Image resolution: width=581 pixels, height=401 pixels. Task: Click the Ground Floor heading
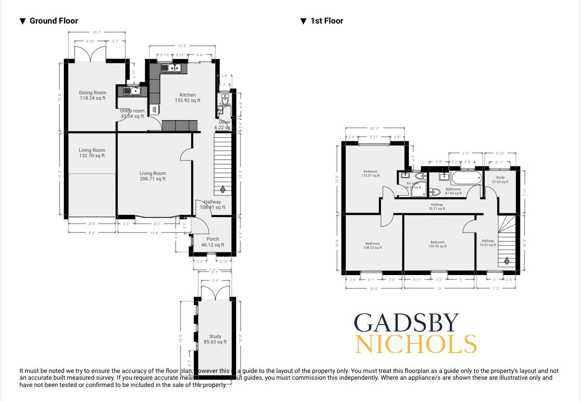[53, 21]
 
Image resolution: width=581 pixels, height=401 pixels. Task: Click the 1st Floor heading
[326, 21]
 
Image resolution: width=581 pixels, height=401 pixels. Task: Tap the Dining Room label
[93, 93]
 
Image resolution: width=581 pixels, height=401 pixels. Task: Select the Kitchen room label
[187, 95]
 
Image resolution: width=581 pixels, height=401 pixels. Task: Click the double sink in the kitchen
[171, 68]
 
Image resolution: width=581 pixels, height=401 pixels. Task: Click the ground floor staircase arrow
[223, 189]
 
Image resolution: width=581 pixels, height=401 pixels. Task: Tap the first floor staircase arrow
[507, 261]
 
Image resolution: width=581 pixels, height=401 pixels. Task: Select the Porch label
[213, 239]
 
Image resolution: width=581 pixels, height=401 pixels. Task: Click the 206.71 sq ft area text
[152, 179]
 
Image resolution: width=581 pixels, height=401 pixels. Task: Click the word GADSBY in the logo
[406, 323]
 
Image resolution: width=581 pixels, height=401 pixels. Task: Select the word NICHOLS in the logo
[415, 344]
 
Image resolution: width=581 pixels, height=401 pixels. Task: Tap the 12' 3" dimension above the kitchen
[182, 46]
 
